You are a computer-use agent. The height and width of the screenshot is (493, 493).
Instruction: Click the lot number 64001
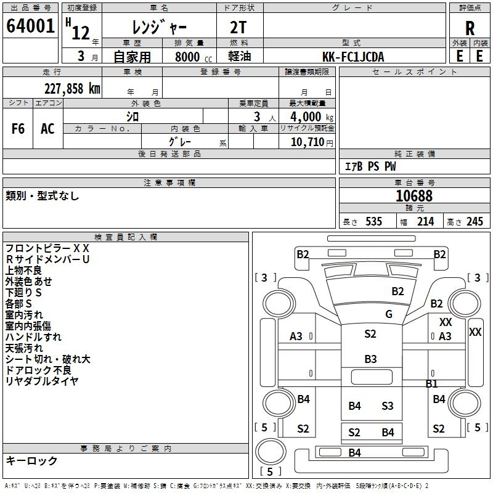30,26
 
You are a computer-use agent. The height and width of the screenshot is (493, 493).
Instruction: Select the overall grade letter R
470,28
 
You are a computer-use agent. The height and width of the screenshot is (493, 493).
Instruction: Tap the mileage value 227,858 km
72,89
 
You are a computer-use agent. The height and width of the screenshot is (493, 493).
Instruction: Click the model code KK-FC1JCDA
353,57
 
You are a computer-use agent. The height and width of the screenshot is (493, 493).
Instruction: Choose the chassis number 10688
414,195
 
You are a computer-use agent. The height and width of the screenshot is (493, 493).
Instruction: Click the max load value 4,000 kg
312,116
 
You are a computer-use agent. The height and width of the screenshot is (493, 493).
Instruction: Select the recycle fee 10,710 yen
312,142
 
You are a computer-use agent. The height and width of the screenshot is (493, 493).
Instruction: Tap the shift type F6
18,129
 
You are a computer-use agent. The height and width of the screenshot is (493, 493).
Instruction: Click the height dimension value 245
475,221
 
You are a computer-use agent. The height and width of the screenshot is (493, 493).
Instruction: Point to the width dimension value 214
425,221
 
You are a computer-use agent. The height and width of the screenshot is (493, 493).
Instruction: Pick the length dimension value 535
373,221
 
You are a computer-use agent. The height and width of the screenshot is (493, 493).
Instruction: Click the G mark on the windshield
389,314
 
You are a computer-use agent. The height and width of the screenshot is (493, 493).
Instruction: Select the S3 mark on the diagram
388,405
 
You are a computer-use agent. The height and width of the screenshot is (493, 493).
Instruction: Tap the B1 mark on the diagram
431,383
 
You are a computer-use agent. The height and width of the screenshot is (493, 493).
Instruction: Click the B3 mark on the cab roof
370,359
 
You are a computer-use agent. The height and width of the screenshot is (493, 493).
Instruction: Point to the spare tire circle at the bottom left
271,451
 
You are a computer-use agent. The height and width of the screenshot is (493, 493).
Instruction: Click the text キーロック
31,460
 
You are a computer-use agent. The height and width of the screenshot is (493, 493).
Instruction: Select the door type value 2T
238,27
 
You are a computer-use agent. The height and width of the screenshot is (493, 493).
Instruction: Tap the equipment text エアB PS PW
370,166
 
